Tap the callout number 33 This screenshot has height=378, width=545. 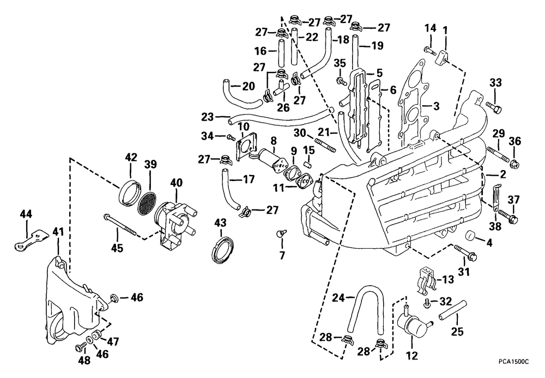pos(494,83)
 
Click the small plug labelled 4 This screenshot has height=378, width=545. pos(471,236)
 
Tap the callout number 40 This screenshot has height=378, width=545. pos(177,182)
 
